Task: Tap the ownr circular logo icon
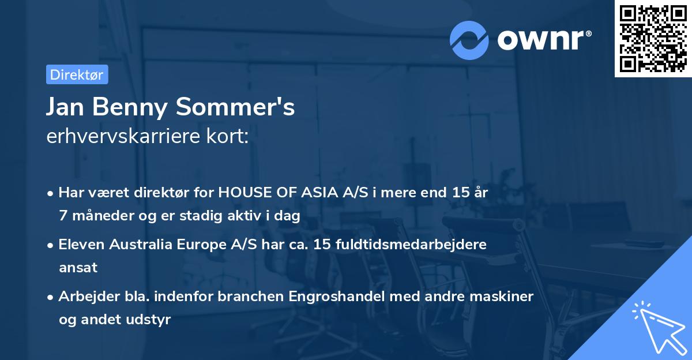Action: (x=469, y=40)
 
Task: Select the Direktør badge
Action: (x=77, y=74)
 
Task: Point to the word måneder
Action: (x=100, y=216)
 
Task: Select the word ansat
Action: (x=78, y=267)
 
